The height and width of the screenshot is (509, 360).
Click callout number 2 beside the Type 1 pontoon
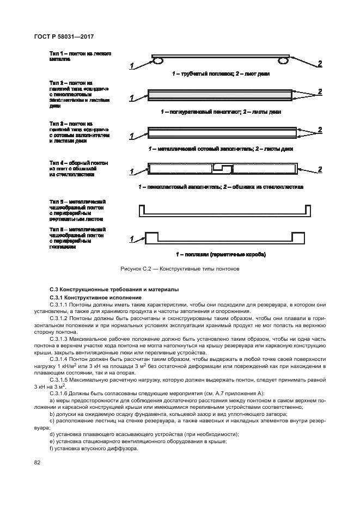(320, 64)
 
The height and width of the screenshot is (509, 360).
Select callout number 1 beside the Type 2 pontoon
(131, 99)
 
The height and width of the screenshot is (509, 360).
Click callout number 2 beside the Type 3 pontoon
(320, 130)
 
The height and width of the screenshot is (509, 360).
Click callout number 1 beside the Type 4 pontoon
(131, 172)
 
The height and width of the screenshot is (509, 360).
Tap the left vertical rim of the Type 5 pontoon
(142, 210)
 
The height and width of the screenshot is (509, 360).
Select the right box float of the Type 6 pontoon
(298, 237)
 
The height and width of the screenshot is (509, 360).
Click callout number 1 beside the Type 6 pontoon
(131, 239)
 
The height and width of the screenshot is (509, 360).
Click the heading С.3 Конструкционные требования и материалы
(113, 289)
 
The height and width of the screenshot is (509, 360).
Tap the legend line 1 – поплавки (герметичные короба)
(221, 254)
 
